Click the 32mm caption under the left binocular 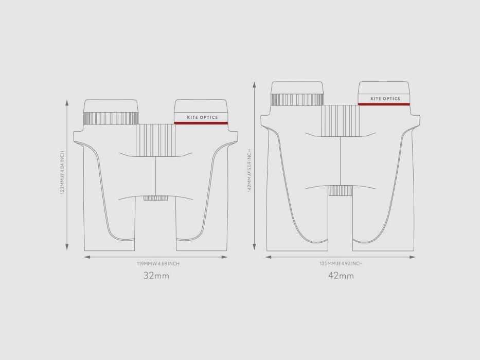coord(156,276)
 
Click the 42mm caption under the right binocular coord(341,276)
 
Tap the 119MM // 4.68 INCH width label coord(158,263)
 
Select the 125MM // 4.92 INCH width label coord(341,263)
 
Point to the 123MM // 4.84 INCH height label coord(62,173)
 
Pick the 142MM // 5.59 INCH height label coord(249,171)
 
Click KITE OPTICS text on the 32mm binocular coord(202,117)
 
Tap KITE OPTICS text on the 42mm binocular coord(385,99)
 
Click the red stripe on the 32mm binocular coord(201,123)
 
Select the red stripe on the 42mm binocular coord(384,104)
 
